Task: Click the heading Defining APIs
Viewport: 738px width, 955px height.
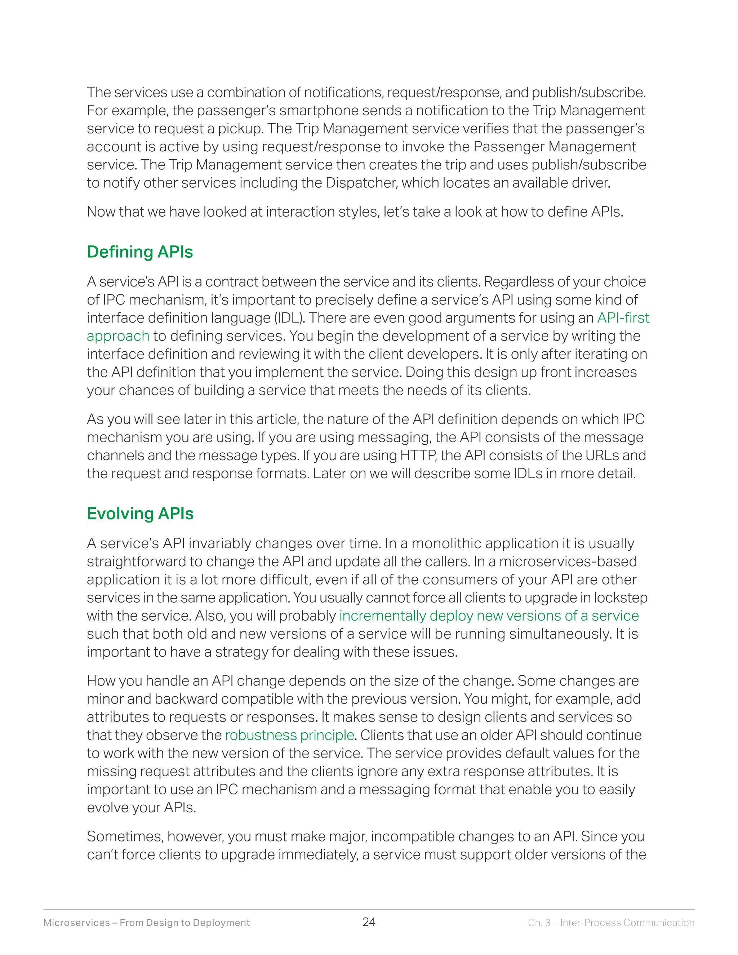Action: click(x=140, y=252)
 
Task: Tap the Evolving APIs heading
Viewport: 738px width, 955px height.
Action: click(x=140, y=514)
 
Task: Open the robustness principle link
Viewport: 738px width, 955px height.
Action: click(x=289, y=735)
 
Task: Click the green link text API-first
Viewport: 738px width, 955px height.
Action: click(x=623, y=318)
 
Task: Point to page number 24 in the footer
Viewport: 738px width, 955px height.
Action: click(x=369, y=922)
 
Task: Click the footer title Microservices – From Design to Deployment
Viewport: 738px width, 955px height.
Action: click(x=146, y=923)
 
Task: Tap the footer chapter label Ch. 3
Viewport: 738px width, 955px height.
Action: click(x=539, y=923)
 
